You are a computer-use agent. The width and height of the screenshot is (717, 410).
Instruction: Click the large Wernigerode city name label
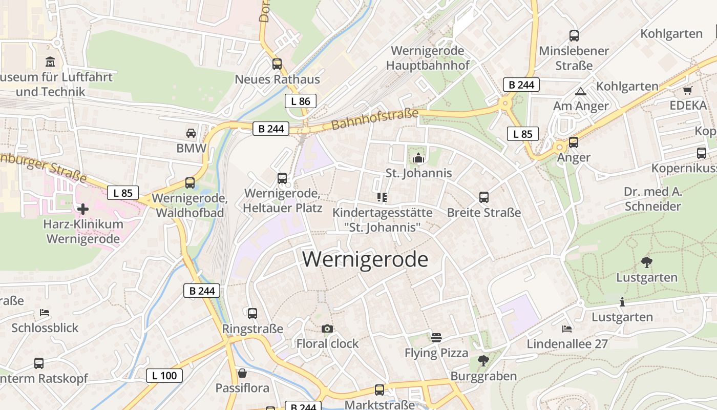[x=365, y=260]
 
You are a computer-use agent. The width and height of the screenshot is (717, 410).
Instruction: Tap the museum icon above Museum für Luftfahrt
[x=51, y=62]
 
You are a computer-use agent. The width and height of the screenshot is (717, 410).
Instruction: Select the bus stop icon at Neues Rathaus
[x=277, y=64]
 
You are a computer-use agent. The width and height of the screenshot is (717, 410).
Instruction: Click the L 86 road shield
[x=301, y=101]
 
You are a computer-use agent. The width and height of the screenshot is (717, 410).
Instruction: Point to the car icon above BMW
[x=191, y=133]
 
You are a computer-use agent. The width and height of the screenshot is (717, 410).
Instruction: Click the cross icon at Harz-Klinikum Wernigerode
[x=82, y=209]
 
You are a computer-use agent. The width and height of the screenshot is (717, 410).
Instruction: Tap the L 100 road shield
[x=164, y=376]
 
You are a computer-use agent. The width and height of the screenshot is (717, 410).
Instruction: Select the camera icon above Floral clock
[x=327, y=329]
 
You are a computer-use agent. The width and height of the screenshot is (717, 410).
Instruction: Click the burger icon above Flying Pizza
[x=436, y=338]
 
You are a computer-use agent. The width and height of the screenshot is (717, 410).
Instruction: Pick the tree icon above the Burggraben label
[x=483, y=361]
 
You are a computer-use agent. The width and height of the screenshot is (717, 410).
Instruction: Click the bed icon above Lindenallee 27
[x=566, y=329]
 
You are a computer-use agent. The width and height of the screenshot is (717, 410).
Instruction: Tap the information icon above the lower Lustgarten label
[x=622, y=302]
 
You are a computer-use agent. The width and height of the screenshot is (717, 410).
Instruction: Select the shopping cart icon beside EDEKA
[x=687, y=91]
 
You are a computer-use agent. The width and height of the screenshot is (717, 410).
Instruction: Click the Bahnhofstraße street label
[x=374, y=119]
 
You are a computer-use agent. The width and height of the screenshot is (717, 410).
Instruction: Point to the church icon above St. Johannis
[x=418, y=158]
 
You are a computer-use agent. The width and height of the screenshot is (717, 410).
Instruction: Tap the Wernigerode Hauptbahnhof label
[x=428, y=58]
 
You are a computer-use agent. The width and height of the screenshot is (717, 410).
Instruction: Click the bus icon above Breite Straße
[x=483, y=197]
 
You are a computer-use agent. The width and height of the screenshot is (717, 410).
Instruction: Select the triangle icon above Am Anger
[x=580, y=92]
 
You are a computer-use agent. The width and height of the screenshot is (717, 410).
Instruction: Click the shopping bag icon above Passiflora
[x=242, y=373]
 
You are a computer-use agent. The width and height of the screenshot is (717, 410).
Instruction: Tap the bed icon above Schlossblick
[x=45, y=313]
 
